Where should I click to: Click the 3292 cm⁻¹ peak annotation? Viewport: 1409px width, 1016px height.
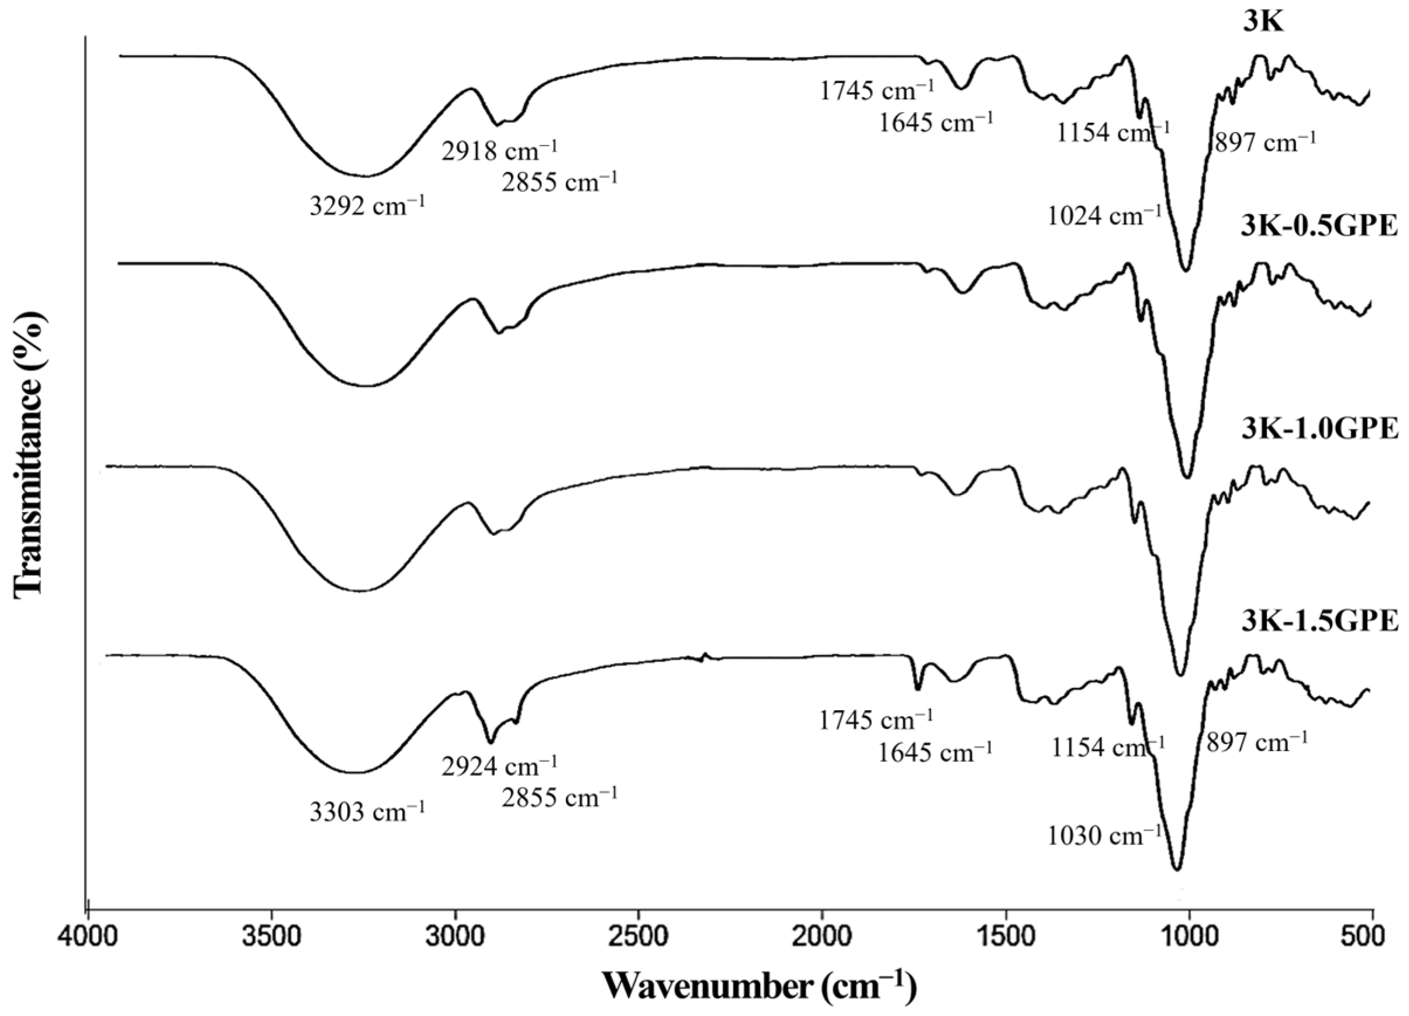367,206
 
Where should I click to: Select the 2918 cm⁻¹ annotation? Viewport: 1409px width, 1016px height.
499,151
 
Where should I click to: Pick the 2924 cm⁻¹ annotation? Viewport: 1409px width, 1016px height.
499,766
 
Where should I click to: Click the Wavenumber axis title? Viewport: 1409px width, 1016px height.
759,986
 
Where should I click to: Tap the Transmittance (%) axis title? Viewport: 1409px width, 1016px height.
30,457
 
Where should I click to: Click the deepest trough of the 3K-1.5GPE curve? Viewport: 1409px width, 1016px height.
1176,869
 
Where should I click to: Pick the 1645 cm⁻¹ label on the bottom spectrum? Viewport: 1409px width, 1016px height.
935,752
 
